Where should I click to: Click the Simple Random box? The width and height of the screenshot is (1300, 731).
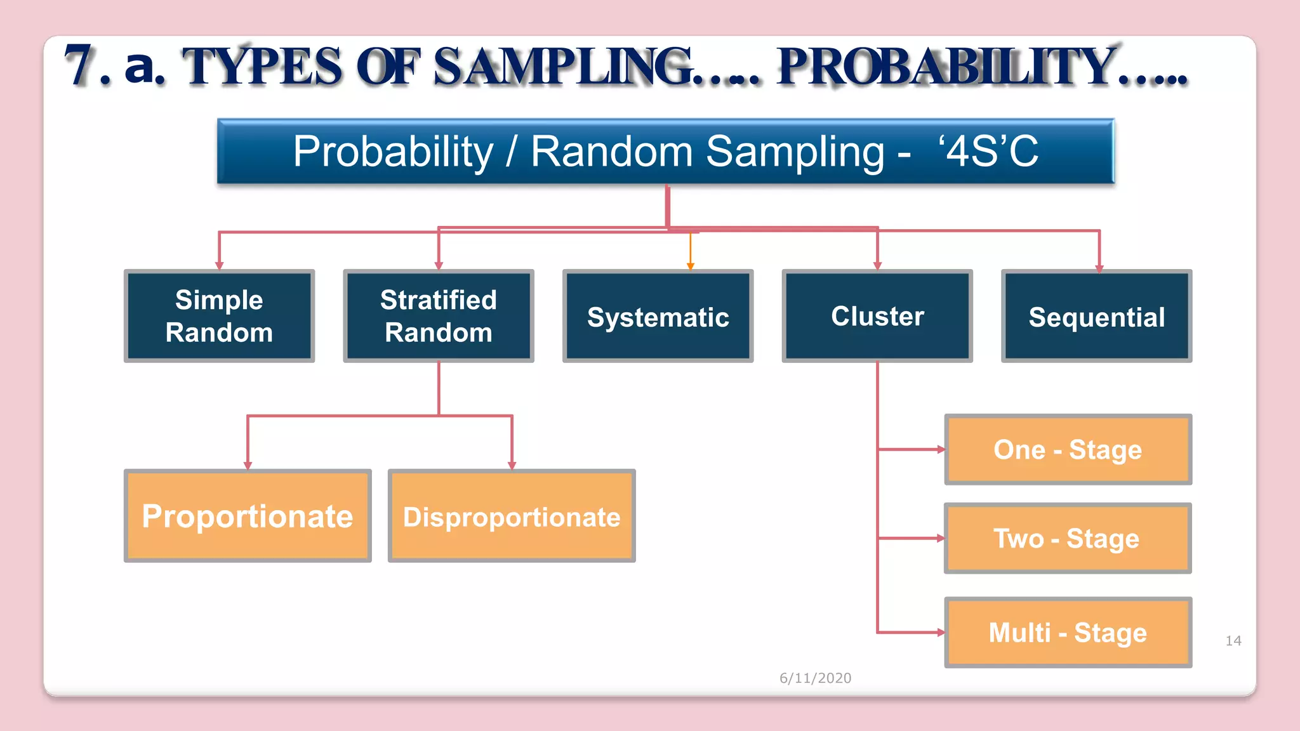[219, 316]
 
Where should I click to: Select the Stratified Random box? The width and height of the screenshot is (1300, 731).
[438, 316]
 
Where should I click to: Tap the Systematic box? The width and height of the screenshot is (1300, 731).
[658, 317]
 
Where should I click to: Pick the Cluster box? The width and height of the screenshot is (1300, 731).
[877, 316]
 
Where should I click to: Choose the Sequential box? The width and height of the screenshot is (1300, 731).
[1096, 317]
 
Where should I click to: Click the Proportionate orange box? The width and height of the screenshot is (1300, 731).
[248, 516]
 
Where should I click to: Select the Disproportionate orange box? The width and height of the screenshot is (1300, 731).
[512, 516]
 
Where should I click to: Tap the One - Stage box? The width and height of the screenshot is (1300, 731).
[1068, 449]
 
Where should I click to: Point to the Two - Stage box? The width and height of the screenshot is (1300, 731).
[1068, 538]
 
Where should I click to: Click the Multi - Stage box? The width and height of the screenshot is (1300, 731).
[1068, 632]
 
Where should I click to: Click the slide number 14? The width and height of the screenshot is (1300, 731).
[1233, 641]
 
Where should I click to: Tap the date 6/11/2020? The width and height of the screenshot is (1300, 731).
[815, 678]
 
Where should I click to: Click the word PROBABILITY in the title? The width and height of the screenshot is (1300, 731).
[947, 67]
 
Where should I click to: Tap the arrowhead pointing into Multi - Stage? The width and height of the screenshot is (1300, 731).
[941, 632]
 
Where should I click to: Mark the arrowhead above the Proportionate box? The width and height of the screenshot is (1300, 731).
[248, 466]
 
